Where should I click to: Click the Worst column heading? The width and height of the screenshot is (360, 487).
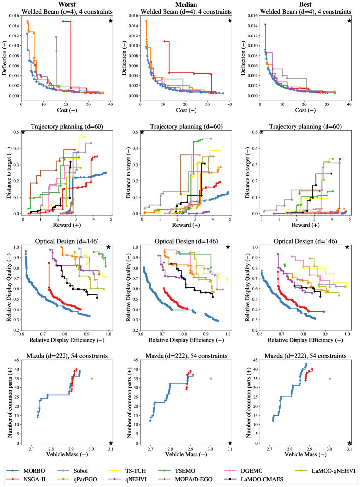67,4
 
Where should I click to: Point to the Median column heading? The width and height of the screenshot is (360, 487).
185,4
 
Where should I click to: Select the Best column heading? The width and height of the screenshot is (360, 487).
304,4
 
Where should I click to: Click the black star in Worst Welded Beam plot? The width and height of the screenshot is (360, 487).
111,21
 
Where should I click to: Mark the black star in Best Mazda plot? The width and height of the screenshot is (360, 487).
349,443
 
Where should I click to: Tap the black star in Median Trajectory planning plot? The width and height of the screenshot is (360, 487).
142,132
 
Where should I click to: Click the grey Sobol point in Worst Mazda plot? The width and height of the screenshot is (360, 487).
92,379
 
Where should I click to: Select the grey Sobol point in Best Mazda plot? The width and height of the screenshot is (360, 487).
330,379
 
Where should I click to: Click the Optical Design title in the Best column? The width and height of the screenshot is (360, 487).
304,241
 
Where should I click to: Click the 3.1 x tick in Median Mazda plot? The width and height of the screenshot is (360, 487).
230,450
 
